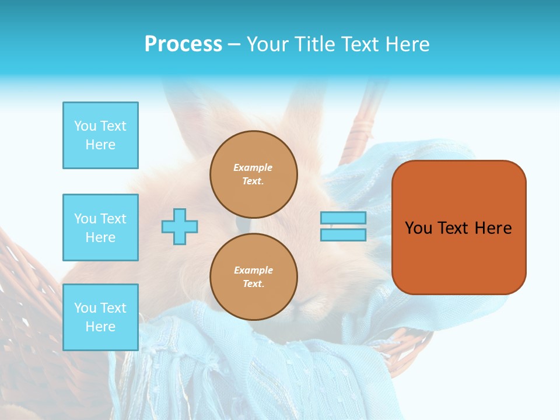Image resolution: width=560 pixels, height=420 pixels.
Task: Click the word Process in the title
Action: (183, 44)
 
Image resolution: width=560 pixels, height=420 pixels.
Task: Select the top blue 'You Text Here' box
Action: (100, 135)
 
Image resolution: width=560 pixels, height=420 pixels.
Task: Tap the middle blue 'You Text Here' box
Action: (100, 228)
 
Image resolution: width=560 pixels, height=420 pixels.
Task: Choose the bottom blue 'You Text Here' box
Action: (100, 317)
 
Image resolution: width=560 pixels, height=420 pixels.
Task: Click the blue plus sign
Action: (180, 226)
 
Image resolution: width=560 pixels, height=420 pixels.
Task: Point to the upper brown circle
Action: (254, 174)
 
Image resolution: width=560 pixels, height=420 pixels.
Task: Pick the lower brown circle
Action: (254, 276)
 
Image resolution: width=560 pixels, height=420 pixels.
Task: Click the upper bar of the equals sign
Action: (343, 218)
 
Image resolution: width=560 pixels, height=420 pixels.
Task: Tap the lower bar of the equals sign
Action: (343, 235)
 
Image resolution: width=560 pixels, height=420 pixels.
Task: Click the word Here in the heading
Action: (406, 44)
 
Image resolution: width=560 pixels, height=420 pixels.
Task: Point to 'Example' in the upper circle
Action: (253, 167)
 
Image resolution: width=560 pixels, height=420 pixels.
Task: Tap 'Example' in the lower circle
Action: (253, 270)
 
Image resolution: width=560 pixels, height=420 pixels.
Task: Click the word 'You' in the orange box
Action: (418, 228)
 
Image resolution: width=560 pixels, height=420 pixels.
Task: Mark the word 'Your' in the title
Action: (268, 44)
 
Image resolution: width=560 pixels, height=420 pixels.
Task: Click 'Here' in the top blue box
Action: (100, 145)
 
